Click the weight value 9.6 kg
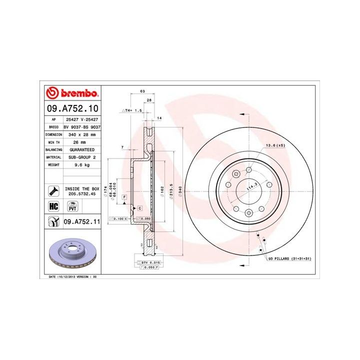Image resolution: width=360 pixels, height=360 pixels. click(x=81, y=164)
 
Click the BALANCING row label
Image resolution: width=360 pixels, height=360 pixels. click(x=53, y=150)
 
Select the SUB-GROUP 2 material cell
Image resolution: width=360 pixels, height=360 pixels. click(x=81, y=157)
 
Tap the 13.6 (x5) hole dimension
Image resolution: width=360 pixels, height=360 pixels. click(x=275, y=145)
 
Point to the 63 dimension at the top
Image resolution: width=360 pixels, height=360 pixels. click(x=142, y=91)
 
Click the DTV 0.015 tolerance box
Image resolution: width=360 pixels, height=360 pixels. click(x=149, y=262)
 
